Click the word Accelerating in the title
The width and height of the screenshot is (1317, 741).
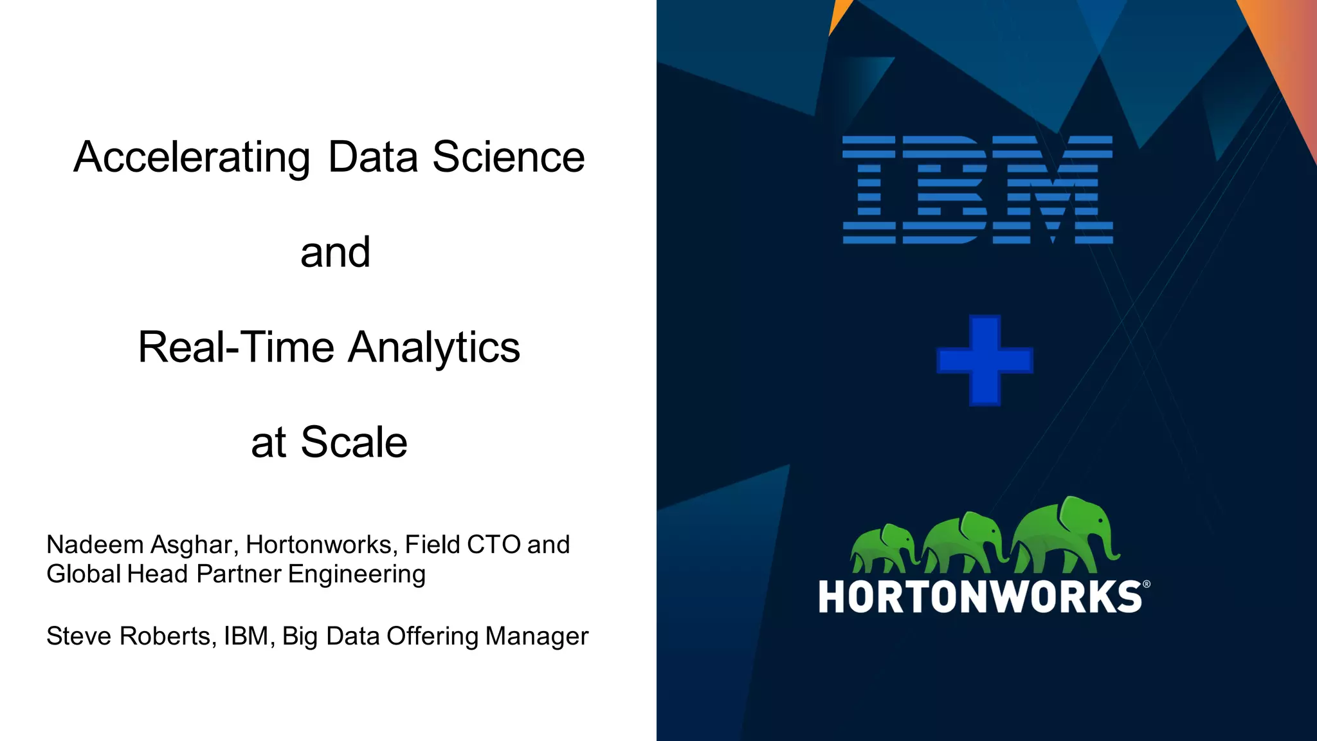(x=192, y=158)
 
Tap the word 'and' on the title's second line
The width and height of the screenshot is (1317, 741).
(x=335, y=252)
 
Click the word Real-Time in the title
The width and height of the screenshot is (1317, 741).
(x=235, y=347)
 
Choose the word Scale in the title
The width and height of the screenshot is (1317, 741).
(x=354, y=443)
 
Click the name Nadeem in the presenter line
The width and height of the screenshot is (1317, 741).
(x=95, y=545)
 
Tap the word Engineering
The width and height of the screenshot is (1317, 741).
(x=356, y=574)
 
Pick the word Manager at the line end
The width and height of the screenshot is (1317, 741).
(x=536, y=636)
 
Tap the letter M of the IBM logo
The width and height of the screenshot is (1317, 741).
(x=1053, y=190)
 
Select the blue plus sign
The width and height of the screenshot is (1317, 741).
(x=985, y=360)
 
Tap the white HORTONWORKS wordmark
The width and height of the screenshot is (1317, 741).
(x=979, y=597)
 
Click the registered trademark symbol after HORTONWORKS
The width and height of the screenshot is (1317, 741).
(x=1147, y=585)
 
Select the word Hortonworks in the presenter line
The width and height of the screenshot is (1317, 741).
(x=318, y=545)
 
